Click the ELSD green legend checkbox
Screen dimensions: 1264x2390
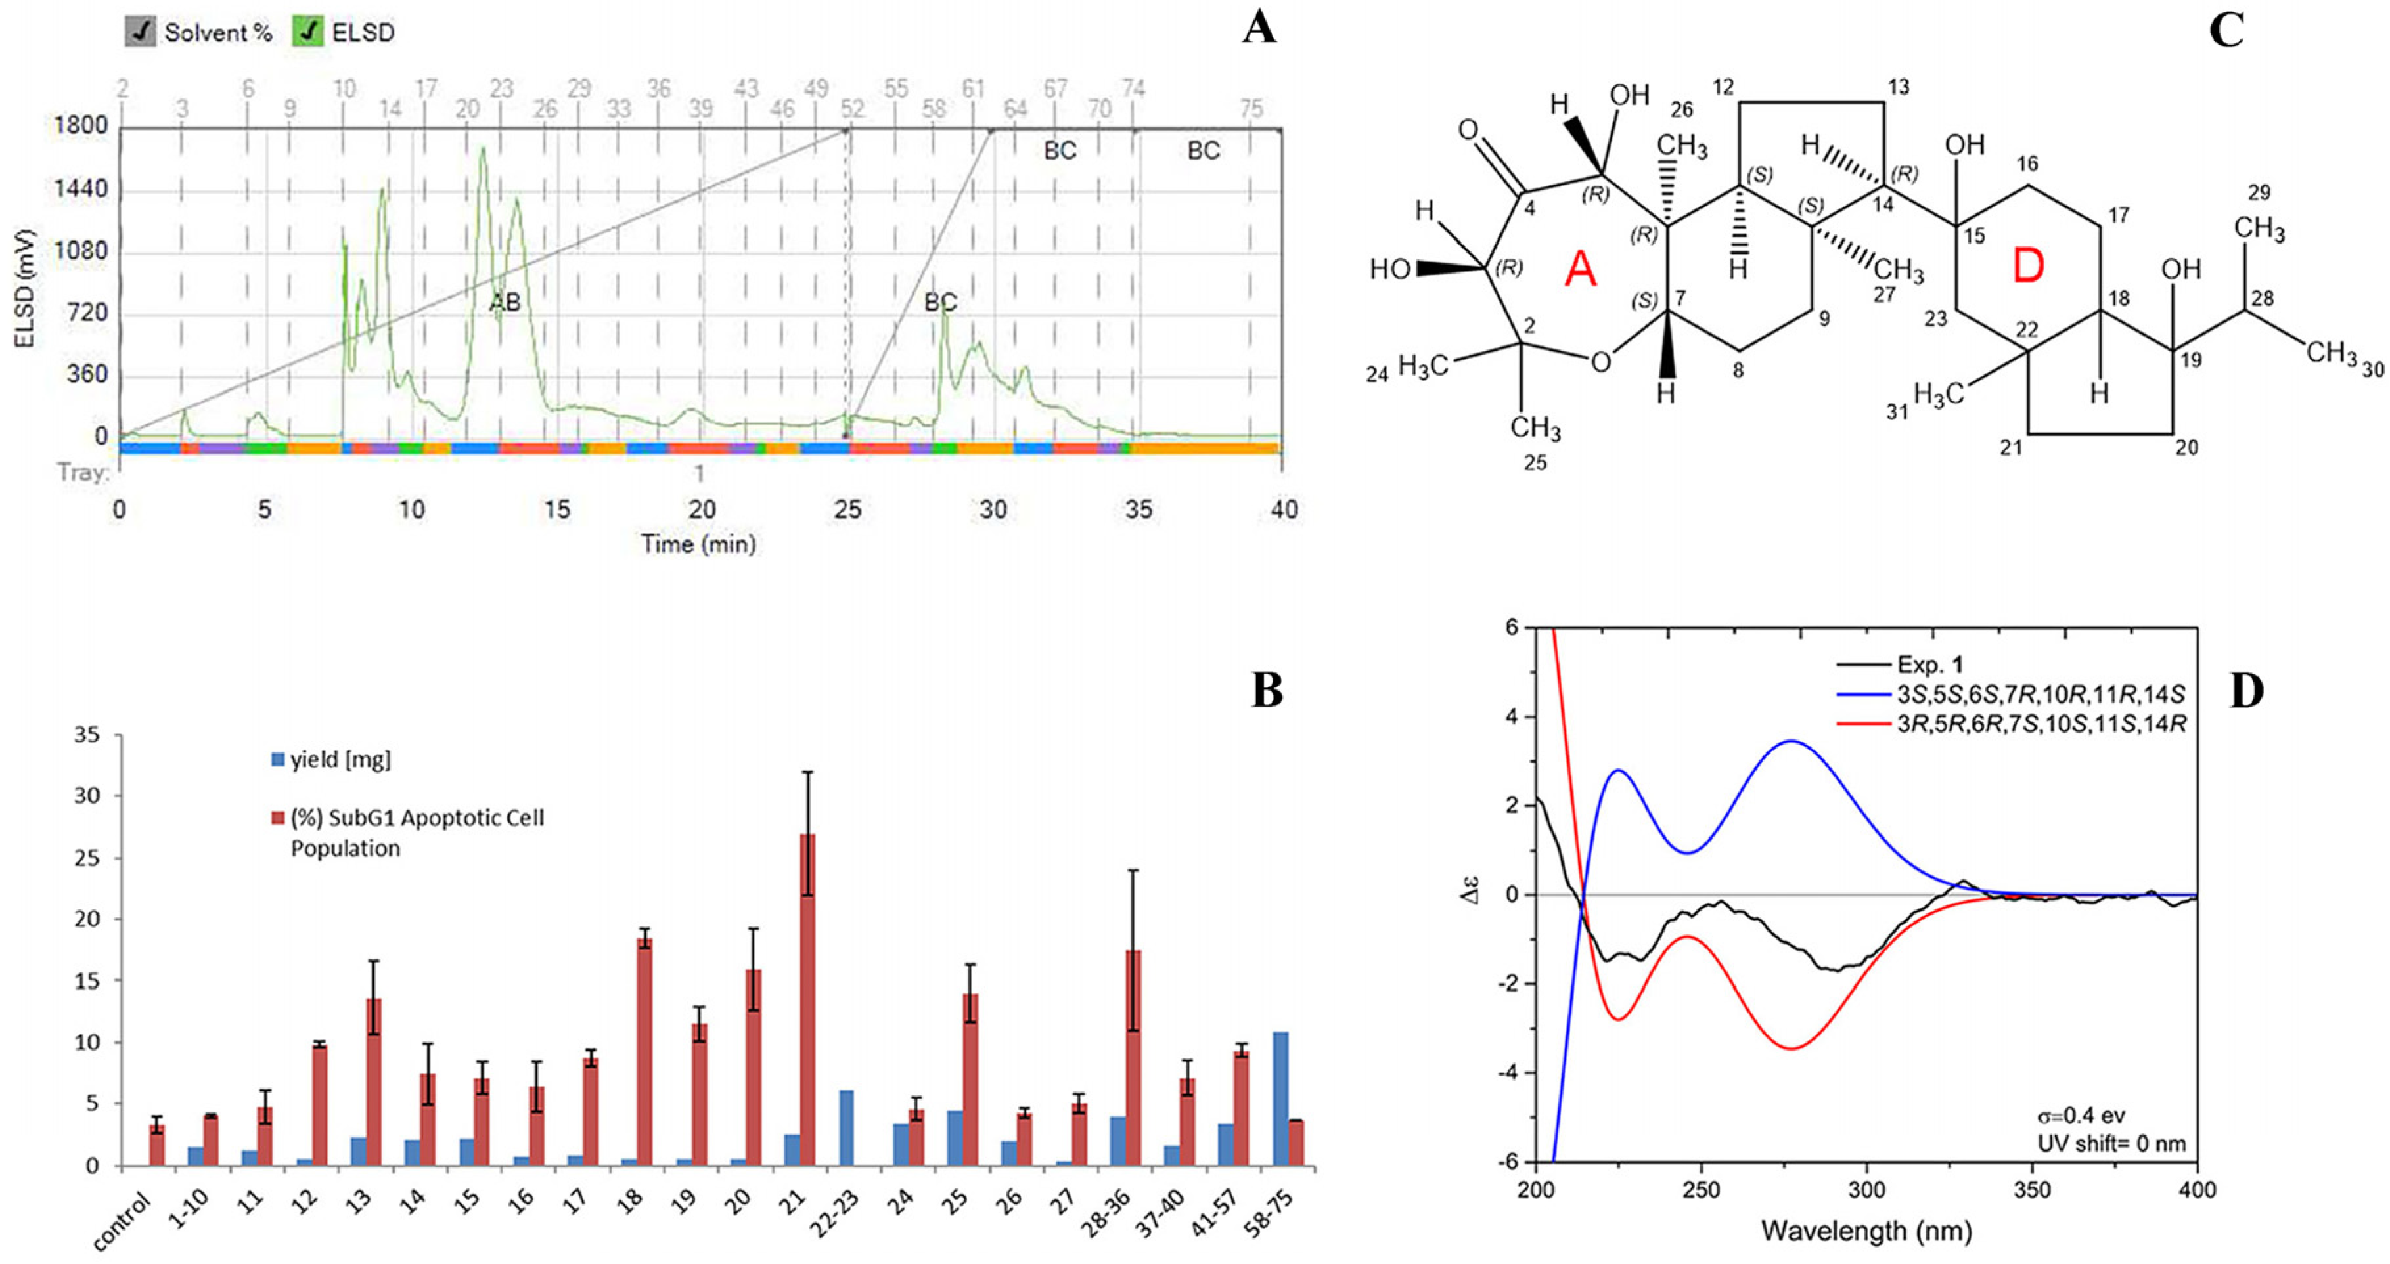(307, 32)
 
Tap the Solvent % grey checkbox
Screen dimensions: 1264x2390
(140, 32)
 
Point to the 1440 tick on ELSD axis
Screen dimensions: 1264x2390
(81, 189)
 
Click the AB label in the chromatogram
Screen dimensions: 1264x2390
(505, 301)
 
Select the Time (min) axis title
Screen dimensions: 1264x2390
(698, 544)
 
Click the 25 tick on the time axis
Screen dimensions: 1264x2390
(847, 509)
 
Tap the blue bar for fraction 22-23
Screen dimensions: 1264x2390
(846, 1127)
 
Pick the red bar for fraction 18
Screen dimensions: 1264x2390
(644, 1052)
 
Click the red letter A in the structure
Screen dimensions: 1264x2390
(1580, 270)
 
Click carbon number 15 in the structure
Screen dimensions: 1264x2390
(1973, 236)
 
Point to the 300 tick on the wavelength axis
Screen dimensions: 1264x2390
(1866, 1190)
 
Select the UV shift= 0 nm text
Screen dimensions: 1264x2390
(2111, 1143)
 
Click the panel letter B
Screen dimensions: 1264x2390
(1267, 690)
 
